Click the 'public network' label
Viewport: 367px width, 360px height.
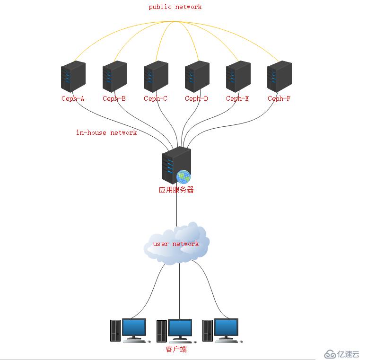point(175,7)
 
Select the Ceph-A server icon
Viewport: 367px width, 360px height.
point(73,77)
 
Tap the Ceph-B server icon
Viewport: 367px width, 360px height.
point(114,77)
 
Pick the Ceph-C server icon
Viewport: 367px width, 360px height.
point(156,77)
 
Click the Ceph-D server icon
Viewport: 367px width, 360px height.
point(197,77)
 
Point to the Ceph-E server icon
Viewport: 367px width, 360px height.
point(238,77)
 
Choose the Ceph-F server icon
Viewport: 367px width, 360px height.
point(280,77)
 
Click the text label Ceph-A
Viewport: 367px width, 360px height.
point(73,98)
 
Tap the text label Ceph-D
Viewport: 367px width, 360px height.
point(196,98)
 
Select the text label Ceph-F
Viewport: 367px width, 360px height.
point(279,98)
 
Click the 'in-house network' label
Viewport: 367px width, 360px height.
point(106,133)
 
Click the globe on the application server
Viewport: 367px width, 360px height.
point(183,177)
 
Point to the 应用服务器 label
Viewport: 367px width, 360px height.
point(176,190)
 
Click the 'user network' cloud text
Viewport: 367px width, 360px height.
point(176,244)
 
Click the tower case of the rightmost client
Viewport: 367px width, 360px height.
point(208,331)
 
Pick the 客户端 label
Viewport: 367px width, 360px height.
point(176,350)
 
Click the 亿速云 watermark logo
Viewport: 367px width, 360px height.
point(342,354)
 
